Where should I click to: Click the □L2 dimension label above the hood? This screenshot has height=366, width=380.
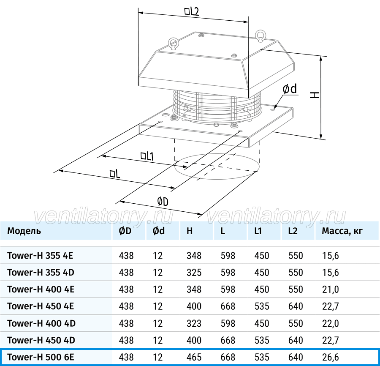click(192, 11)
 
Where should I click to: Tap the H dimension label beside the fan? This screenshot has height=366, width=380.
click(315, 95)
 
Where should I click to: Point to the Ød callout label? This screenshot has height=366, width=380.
click(290, 89)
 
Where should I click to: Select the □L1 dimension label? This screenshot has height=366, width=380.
click(147, 156)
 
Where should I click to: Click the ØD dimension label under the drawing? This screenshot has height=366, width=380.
click(163, 202)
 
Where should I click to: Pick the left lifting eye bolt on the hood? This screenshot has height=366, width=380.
click(173, 44)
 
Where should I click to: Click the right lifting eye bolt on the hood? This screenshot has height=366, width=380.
click(261, 36)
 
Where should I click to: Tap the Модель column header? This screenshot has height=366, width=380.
click(24, 231)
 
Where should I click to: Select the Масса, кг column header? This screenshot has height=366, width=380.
click(342, 231)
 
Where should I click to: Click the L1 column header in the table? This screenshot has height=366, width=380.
click(258, 231)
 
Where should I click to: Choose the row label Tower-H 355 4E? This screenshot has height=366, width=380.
click(40, 255)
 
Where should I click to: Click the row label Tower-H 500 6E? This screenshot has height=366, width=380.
click(41, 357)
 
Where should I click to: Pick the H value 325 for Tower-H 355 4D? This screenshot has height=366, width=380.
click(194, 272)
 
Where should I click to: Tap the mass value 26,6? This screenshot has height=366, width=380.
click(330, 357)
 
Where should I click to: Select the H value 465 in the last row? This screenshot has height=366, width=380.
click(194, 357)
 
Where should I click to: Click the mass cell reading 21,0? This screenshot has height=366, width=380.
click(330, 290)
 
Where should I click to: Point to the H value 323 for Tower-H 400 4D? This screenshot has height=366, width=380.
click(194, 323)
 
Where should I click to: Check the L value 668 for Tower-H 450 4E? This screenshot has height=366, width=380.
click(228, 306)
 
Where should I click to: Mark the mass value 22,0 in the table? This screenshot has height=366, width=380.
click(330, 323)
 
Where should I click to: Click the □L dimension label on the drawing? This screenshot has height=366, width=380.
click(115, 173)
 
